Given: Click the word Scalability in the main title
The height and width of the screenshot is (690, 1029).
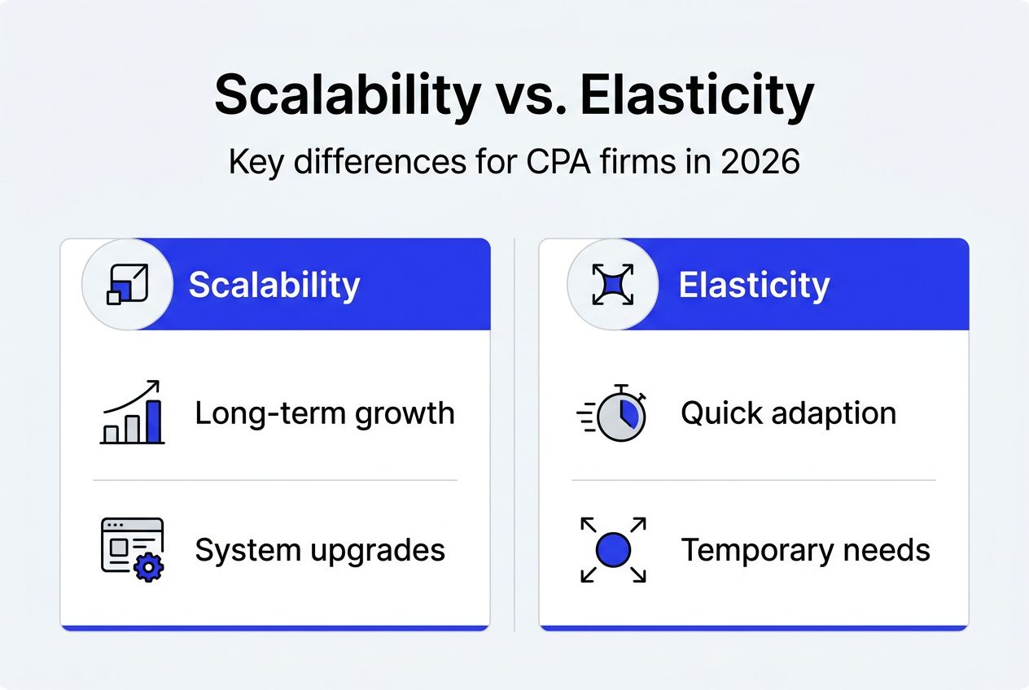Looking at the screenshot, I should [347, 96].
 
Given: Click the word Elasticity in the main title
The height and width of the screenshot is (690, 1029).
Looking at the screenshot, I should [697, 96].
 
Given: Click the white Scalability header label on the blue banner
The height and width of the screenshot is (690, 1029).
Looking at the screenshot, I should [274, 285].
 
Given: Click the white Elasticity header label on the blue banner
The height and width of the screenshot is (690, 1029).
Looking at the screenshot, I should [754, 285].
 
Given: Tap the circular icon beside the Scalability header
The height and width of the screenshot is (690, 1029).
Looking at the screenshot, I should [126, 284].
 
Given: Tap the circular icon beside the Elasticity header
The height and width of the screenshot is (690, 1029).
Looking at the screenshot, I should [611, 284].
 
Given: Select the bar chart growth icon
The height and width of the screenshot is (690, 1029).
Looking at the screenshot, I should [132, 413].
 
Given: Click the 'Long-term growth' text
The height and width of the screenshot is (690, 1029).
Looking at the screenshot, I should [324, 413].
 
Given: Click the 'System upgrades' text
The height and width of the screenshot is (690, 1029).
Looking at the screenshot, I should [320, 550].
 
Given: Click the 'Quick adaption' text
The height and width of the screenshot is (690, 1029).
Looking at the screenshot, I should [788, 413].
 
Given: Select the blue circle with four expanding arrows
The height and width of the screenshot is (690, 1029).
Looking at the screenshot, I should [614, 551].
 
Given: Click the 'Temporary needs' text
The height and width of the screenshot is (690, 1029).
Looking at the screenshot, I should [805, 551].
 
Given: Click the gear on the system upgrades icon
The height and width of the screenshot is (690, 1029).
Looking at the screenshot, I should [149, 566].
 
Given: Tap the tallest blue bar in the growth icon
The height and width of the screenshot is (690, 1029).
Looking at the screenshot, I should [153, 421].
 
